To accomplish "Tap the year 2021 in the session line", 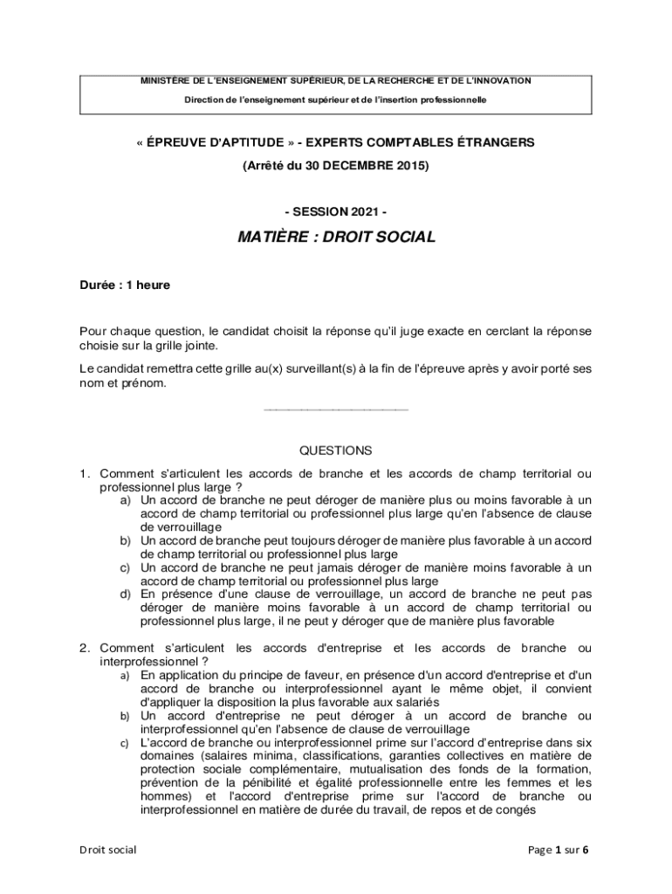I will [365, 212].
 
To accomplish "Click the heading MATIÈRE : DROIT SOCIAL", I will [336, 237].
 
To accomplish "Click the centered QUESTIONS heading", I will [336, 450].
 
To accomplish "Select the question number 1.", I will [85, 473].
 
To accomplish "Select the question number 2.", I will [85, 648].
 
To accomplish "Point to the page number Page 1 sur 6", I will [559, 849].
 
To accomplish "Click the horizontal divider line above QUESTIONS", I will [336, 409].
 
